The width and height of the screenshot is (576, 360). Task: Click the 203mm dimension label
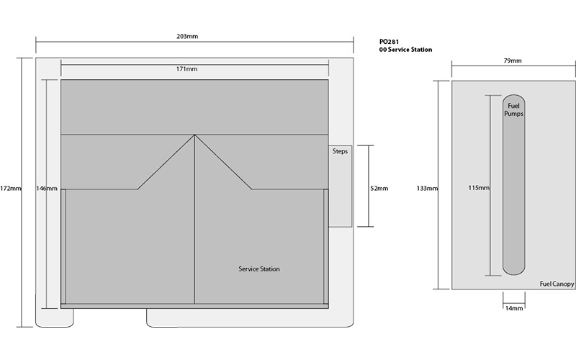187,36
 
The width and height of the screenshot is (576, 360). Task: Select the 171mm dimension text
186,68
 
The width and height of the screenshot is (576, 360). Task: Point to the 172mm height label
11,189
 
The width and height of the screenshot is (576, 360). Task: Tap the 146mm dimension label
47,189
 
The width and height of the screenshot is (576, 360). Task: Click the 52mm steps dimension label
379,189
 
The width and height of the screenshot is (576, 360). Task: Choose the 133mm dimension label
427,189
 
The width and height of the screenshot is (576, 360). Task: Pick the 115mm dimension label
479,188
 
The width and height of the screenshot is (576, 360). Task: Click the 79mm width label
513,60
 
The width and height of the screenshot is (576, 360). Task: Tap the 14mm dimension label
514,308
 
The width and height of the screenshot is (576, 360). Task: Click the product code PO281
389,42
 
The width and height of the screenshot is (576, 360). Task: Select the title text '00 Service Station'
405,50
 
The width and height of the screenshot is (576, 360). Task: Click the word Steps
340,151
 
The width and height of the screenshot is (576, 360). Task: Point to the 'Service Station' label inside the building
259,269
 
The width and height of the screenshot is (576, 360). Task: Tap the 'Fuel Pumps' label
513,109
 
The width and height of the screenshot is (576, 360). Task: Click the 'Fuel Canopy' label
557,284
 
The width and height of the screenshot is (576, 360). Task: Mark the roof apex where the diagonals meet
194,135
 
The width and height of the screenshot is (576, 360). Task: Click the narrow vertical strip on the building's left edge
63,246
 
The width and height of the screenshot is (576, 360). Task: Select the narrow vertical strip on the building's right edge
326,246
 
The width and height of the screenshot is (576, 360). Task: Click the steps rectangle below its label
340,191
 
